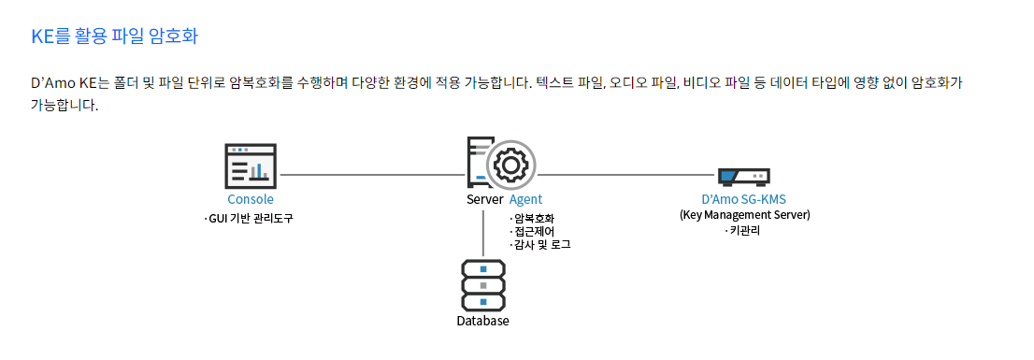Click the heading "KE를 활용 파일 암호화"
[114, 37]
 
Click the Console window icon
[251, 167]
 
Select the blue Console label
[251, 199]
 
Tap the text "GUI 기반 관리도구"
[254, 218]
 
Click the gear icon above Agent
[510, 166]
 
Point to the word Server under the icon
[484, 199]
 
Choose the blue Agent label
[525, 199]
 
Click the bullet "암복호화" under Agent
[534, 219]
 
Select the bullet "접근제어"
[534, 231]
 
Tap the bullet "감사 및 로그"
[541, 244]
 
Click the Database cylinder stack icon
[482, 284]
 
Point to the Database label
[482, 321]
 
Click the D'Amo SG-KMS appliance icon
[743, 176]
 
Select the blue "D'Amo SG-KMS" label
[744, 199]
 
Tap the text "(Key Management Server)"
[744, 214]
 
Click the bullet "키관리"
[744, 229]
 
